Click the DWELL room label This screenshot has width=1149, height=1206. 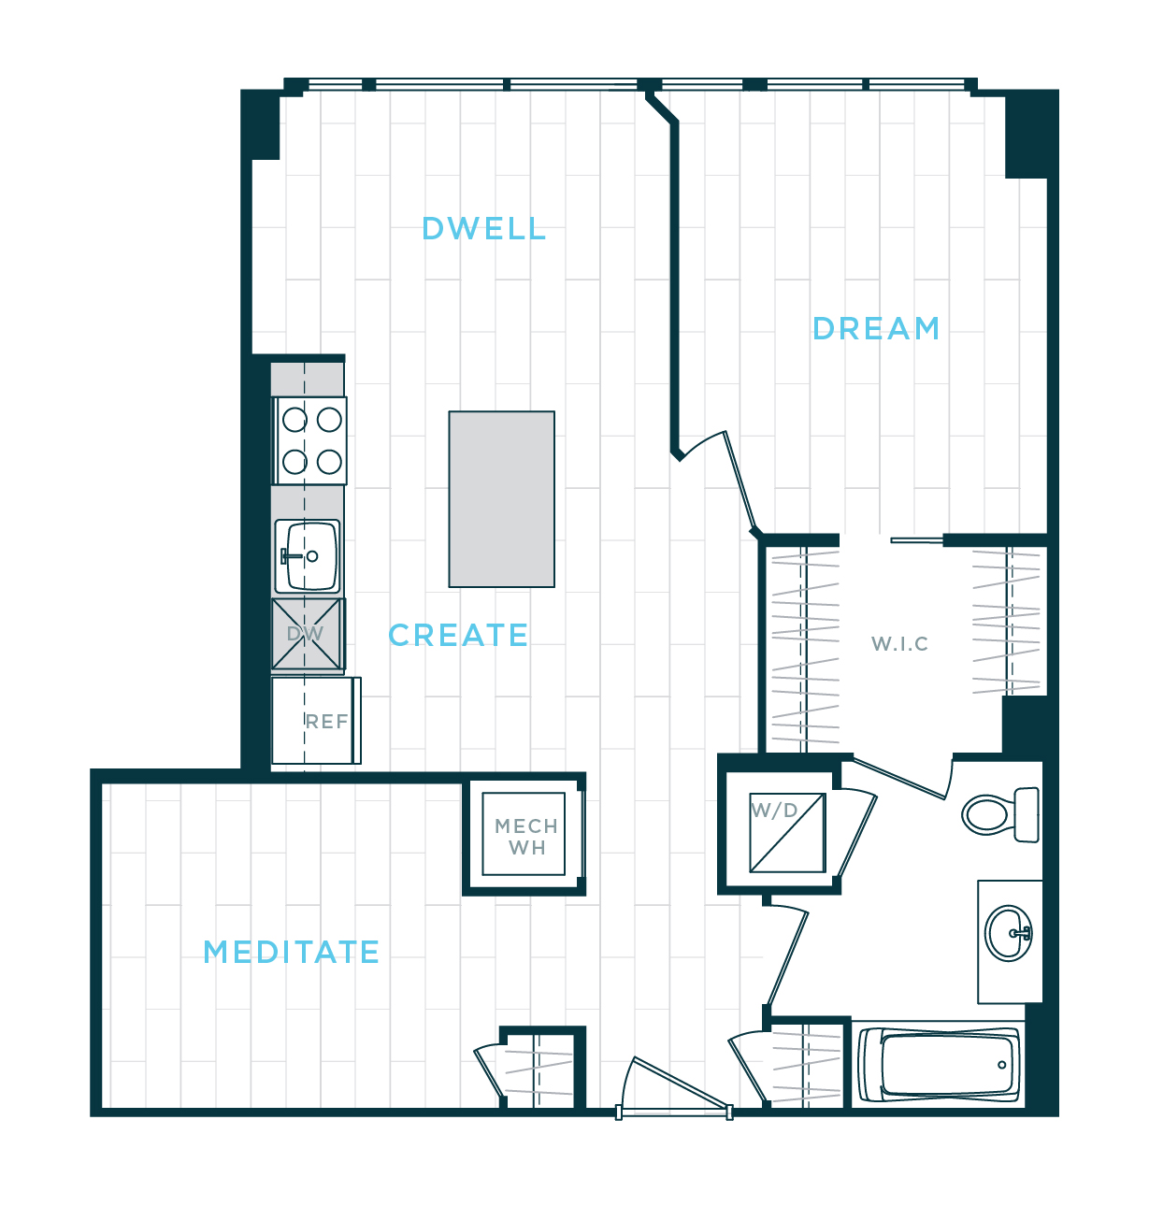pos(483,229)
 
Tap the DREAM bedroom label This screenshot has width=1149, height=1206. pos(876,329)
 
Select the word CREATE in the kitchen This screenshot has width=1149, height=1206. pos(458,636)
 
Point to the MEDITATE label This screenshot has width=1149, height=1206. pos(292,953)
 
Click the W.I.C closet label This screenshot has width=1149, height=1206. pos(899,644)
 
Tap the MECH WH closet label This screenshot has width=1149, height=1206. pos(525,837)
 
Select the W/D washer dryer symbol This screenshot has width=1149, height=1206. pos(787,832)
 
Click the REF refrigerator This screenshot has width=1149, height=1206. pos(316,721)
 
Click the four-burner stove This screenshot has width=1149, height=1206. pos(311,440)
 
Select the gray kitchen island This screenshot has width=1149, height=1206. pos(502,499)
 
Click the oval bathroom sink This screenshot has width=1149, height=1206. pos(1010,932)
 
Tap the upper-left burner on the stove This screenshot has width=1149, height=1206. pos(295,420)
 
